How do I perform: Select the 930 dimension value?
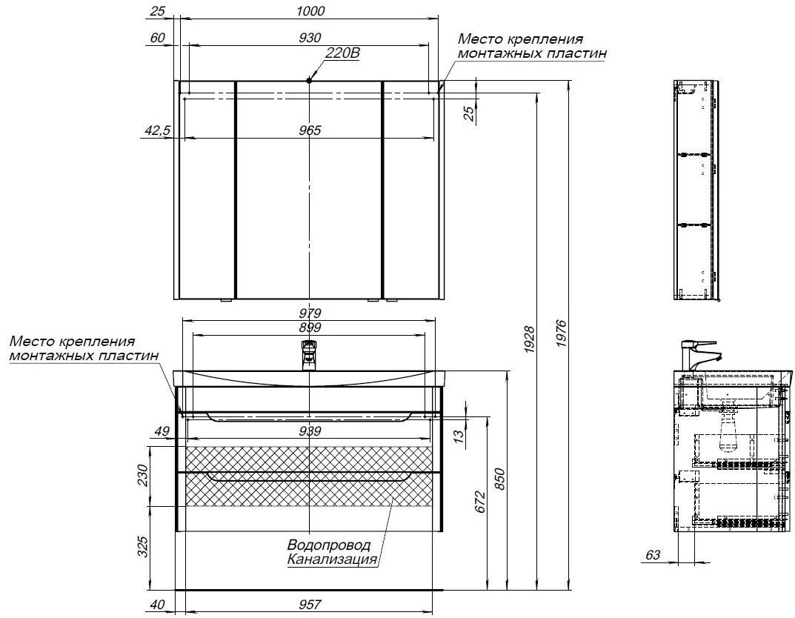pos(310,38)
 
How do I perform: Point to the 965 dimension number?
pos(310,130)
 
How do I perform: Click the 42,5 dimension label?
pos(158,130)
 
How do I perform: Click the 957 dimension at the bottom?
pos(309,605)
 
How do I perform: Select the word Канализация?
pos(332,559)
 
